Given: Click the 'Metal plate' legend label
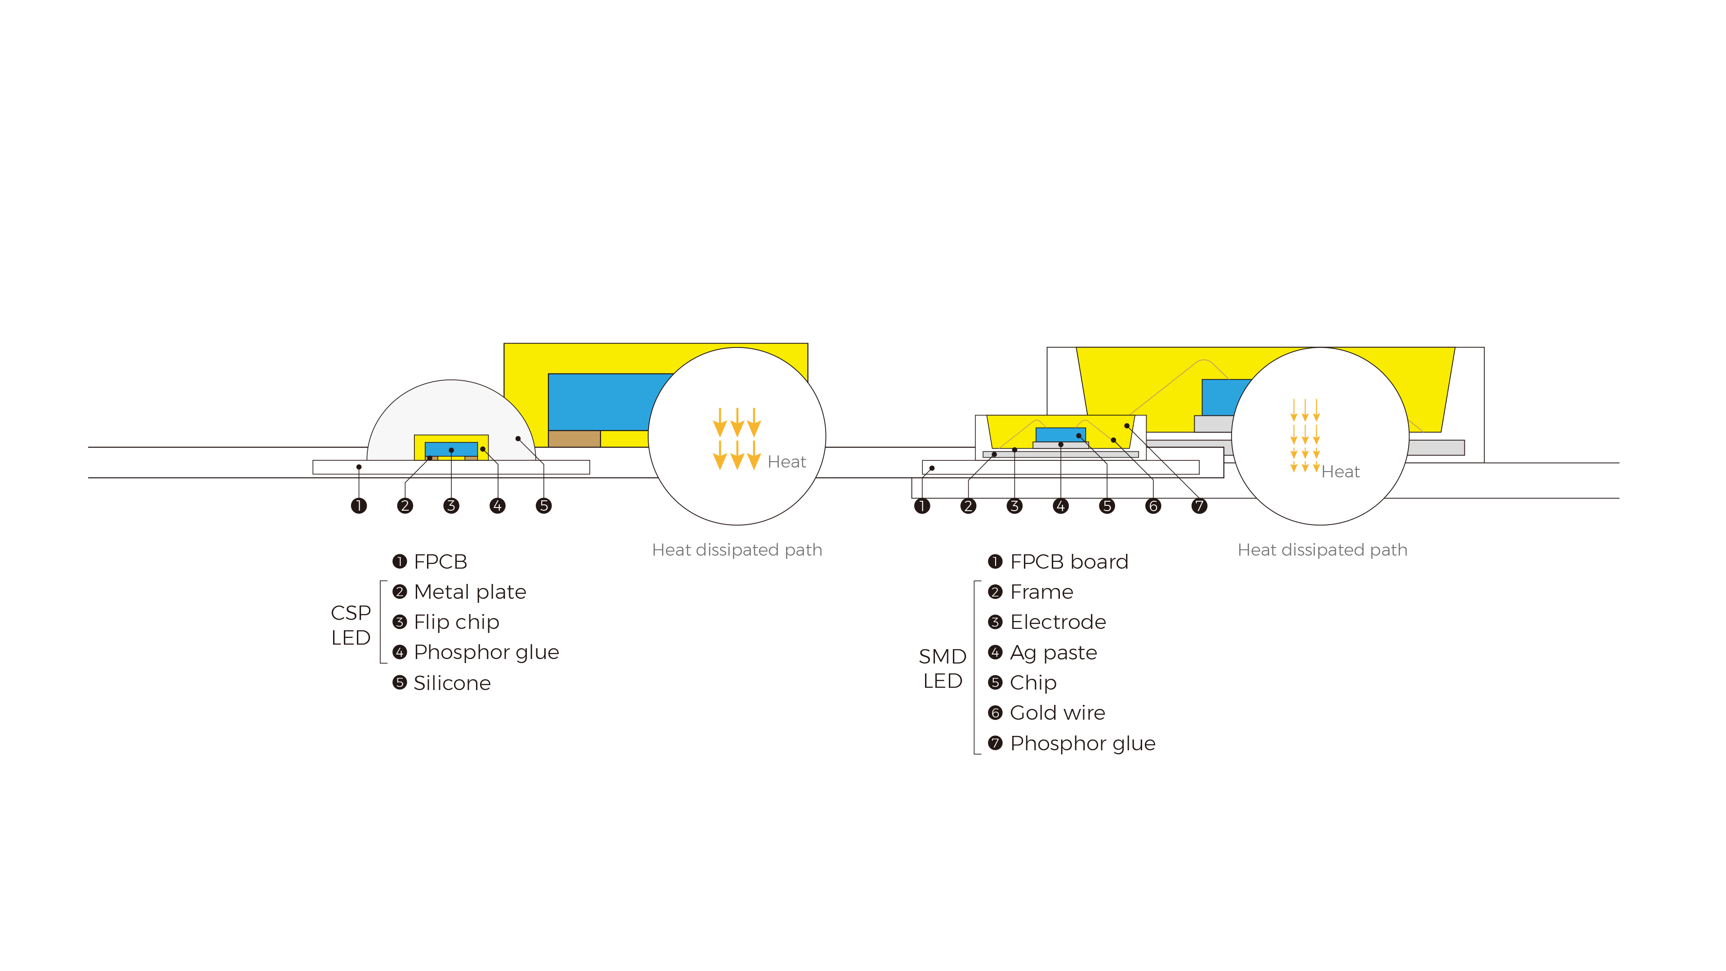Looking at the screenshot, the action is click(470, 592).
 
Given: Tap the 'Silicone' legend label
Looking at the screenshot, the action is click(452, 683).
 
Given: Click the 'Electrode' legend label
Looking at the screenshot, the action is click(1058, 622).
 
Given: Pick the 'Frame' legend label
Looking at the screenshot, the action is click(1041, 592).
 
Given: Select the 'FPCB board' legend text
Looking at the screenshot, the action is click(1069, 561).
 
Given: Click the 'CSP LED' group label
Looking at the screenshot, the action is click(351, 624).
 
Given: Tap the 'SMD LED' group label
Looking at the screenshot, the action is click(942, 668).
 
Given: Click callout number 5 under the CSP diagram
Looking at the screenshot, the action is click(544, 506).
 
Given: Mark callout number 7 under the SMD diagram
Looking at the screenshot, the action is click(1199, 506).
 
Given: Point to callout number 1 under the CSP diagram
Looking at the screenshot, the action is click(359, 506).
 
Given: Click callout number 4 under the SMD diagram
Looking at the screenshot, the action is click(1061, 506).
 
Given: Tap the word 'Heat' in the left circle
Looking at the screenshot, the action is click(787, 462).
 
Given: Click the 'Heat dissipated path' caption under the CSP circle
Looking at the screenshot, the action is click(737, 550).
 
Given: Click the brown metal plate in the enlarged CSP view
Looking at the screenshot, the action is click(574, 439).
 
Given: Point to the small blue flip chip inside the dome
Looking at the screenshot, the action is click(452, 449).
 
